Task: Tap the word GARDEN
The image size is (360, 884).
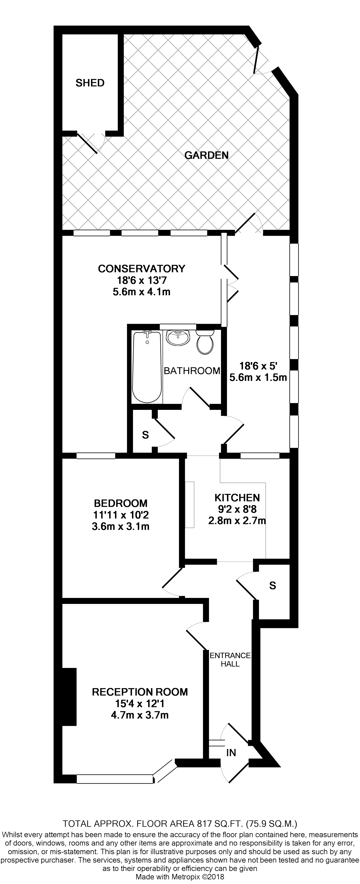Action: point(207,155)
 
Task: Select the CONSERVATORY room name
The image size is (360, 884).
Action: point(141,268)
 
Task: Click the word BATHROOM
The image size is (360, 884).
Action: point(192,371)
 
